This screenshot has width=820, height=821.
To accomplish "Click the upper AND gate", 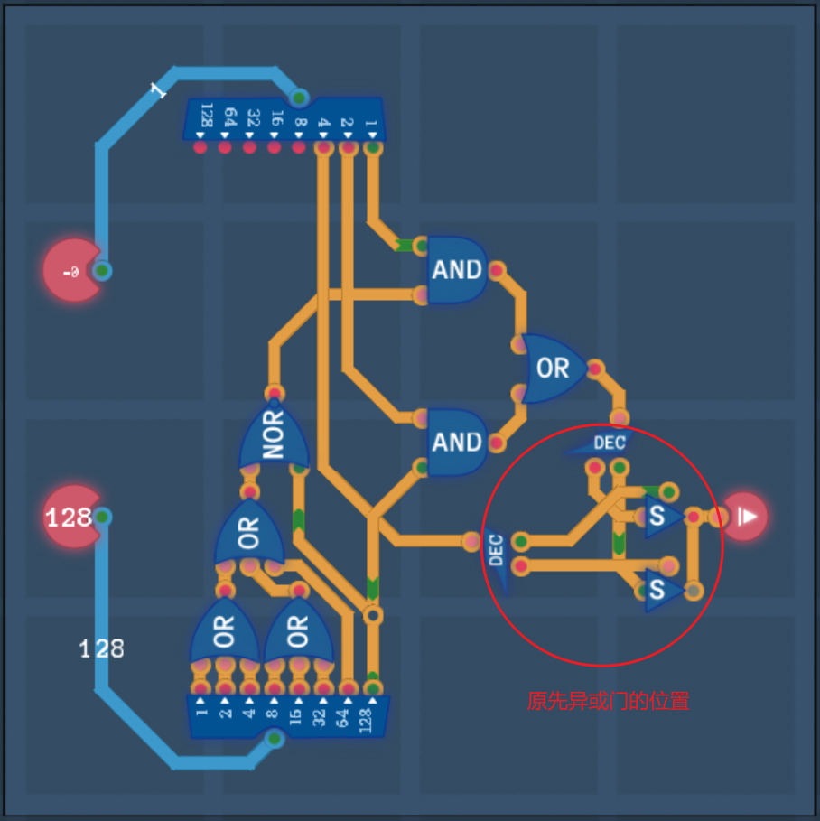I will (x=457, y=269).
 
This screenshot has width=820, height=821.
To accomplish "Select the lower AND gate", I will (x=457, y=442).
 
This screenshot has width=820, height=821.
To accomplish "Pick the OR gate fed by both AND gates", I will (x=553, y=369).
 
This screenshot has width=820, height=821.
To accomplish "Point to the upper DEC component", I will (x=608, y=443).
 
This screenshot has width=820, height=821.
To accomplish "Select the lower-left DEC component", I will (x=496, y=550).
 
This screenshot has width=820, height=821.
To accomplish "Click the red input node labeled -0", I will (x=71, y=270).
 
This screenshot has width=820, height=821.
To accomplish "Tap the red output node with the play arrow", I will (x=746, y=517).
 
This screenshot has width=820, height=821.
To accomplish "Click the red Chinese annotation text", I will (x=608, y=700).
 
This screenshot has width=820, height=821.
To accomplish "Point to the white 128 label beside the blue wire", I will (x=101, y=648).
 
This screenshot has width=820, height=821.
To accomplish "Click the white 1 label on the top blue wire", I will (x=158, y=90).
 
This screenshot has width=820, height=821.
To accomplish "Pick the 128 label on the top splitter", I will (x=207, y=115).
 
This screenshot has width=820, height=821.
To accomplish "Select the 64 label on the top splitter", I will (x=230, y=117).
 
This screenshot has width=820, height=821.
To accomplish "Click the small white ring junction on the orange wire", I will (x=372, y=615).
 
